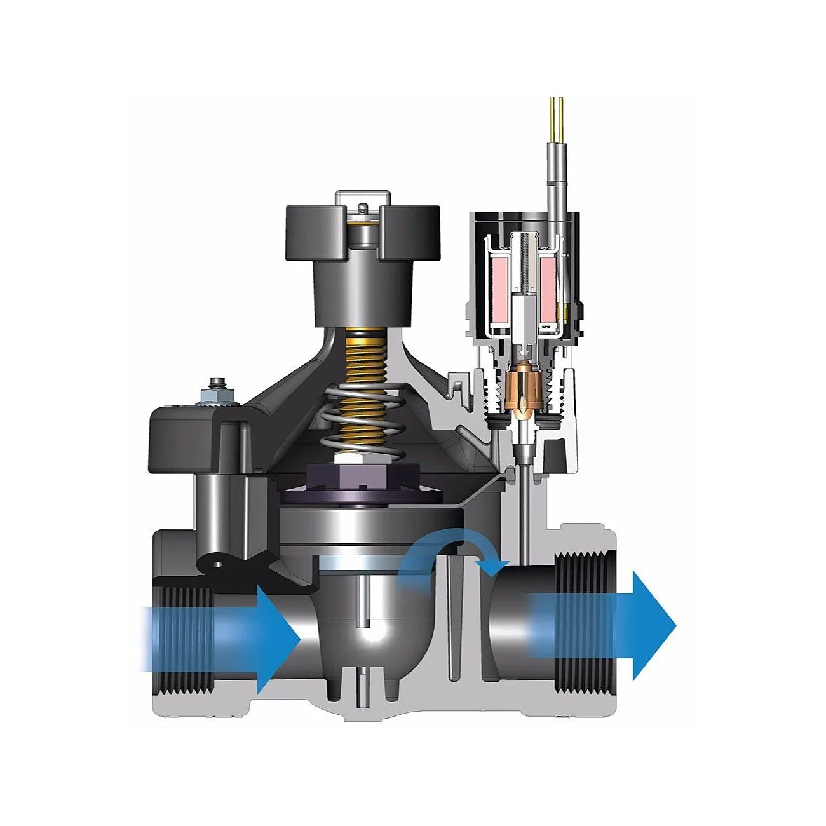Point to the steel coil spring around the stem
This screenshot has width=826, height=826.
[x=361, y=426]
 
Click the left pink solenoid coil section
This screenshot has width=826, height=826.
[x=499, y=280]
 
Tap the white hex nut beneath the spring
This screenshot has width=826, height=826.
[x=361, y=459]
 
